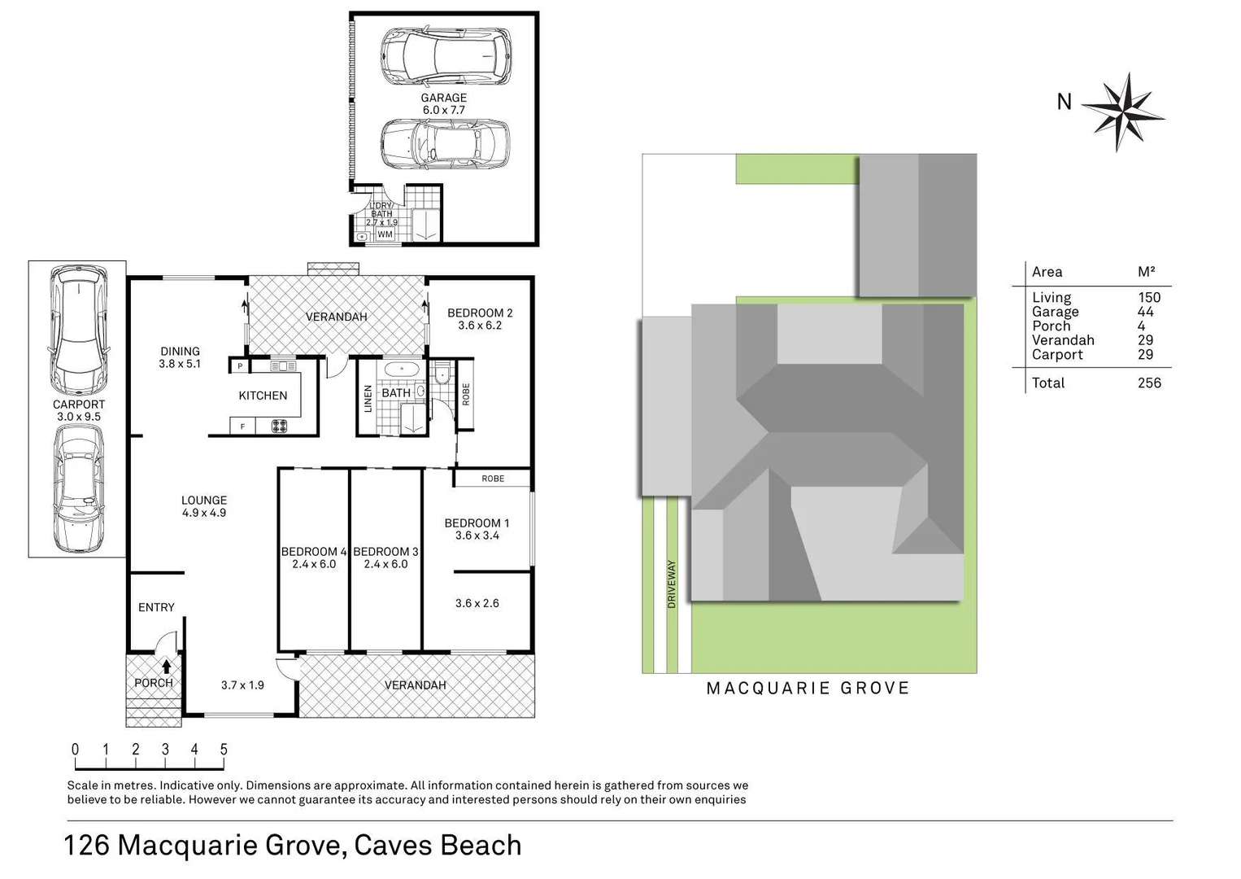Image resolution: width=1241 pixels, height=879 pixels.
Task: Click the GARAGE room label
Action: pyautogui.click(x=443, y=98)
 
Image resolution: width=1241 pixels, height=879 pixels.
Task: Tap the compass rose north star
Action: pyautogui.click(x=1122, y=112)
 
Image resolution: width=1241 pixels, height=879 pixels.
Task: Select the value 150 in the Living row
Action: pyautogui.click(x=1148, y=298)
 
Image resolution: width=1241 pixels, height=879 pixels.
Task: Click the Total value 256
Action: pyautogui.click(x=1148, y=383)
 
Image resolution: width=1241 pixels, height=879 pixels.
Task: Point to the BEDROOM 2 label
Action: pyautogui.click(x=480, y=313)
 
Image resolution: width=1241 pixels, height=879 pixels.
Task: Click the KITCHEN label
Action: pyautogui.click(x=263, y=396)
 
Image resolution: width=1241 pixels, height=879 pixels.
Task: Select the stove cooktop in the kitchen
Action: pyautogui.click(x=279, y=425)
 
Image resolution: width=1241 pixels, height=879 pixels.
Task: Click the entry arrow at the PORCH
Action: pyautogui.click(x=167, y=666)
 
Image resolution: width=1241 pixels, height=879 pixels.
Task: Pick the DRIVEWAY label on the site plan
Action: pyautogui.click(x=672, y=584)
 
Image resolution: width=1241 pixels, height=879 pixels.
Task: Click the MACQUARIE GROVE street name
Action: pyautogui.click(x=808, y=689)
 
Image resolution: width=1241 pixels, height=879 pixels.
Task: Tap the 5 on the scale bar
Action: pyautogui.click(x=224, y=750)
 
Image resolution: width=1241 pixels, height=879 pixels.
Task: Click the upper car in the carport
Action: pyautogui.click(x=78, y=330)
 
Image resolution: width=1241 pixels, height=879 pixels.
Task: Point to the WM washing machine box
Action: pyautogui.click(x=385, y=234)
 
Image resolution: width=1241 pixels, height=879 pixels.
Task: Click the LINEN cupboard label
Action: pyautogui.click(x=368, y=399)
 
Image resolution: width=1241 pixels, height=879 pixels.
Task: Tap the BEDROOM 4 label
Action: pyautogui.click(x=314, y=552)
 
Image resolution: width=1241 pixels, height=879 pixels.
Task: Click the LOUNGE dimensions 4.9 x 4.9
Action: pyautogui.click(x=204, y=513)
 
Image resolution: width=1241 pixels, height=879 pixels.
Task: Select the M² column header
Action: pyautogui.click(x=1146, y=272)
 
